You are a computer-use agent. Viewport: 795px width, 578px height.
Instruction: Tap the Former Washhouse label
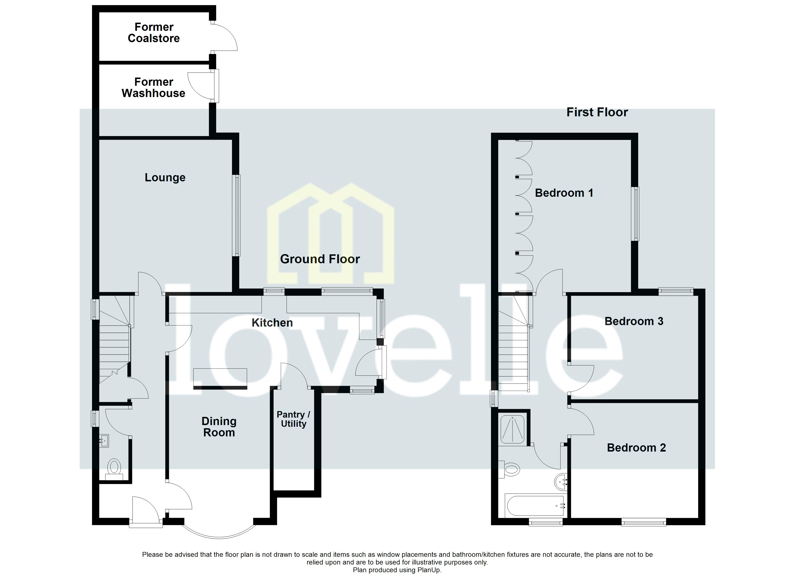pos(153,88)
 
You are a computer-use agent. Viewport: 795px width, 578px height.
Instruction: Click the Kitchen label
pos(272,322)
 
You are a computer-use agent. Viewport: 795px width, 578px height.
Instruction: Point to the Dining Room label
pos(219,427)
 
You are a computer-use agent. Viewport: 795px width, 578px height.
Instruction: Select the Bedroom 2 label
pos(636,448)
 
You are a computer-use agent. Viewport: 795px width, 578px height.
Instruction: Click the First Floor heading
pos(597,112)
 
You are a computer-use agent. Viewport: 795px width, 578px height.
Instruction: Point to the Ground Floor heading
pos(320,259)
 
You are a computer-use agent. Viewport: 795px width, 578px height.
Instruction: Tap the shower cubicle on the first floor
pos(512,429)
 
